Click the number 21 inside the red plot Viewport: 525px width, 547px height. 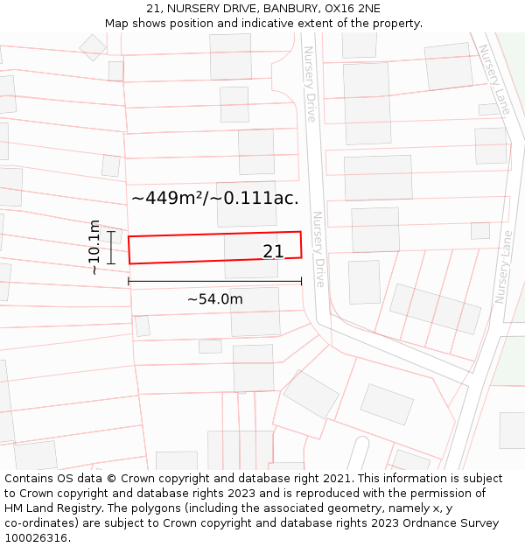coord(273,252)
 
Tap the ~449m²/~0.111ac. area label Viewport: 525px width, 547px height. coord(214,199)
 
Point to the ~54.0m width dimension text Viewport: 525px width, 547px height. coord(214,299)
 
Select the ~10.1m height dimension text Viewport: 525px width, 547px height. coord(94,248)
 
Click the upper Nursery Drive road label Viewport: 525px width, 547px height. coord(309,84)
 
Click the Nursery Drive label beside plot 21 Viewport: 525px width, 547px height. coord(318,249)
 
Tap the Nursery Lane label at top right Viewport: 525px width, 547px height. coord(493,81)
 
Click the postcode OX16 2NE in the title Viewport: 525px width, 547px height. coord(357,9)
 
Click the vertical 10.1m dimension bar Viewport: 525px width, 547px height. coord(111,248)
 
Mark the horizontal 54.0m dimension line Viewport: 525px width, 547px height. coord(214,282)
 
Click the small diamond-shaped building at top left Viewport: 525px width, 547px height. coord(93,47)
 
